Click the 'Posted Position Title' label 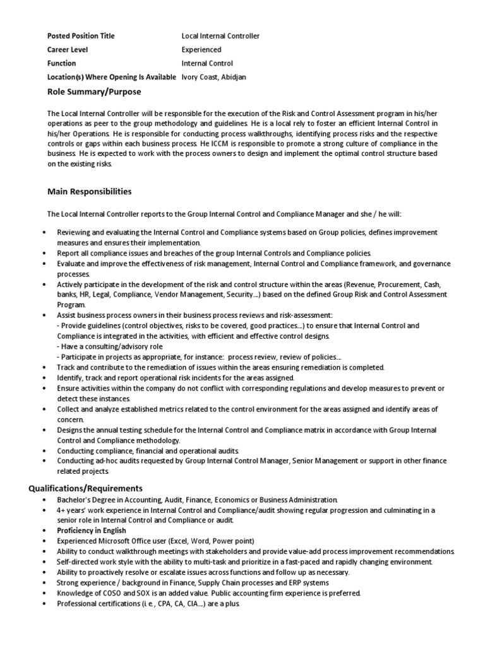point(81,36)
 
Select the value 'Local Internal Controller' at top point(220,36)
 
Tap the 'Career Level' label point(68,50)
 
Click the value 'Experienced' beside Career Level point(201,50)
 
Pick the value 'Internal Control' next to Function point(207,64)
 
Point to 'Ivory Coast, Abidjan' point(213,77)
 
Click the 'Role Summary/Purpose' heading point(95,92)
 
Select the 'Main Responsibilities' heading point(90,191)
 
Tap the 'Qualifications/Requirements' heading point(86,488)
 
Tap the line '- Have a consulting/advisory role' point(110,346)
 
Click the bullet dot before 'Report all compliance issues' point(44,253)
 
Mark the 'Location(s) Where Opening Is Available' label point(112,77)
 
